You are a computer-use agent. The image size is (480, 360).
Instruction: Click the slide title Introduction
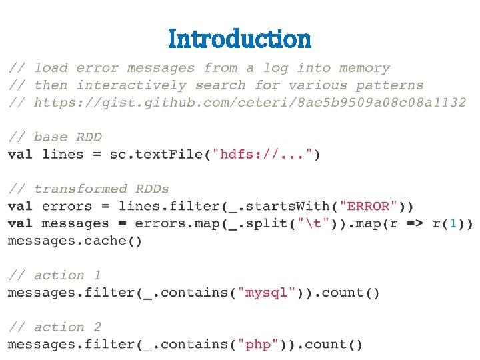click(239, 39)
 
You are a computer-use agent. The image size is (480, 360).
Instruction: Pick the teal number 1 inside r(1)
click(453, 223)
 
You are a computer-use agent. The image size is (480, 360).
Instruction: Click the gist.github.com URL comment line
click(237, 102)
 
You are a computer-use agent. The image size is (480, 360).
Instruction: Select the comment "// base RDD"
click(55, 137)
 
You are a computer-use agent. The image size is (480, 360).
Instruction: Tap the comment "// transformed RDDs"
click(89, 189)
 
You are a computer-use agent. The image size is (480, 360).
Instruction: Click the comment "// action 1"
click(55, 275)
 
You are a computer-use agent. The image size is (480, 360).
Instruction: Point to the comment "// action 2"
click(55, 327)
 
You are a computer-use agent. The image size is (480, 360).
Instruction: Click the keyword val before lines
click(21, 154)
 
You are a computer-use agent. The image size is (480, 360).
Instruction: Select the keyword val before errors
click(21, 206)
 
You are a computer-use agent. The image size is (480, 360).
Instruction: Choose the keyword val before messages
click(21, 223)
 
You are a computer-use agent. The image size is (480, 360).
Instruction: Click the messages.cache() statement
click(75, 241)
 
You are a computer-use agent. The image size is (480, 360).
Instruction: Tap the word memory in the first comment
click(364, 68)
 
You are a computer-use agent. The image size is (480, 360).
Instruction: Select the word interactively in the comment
click(131, 85)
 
